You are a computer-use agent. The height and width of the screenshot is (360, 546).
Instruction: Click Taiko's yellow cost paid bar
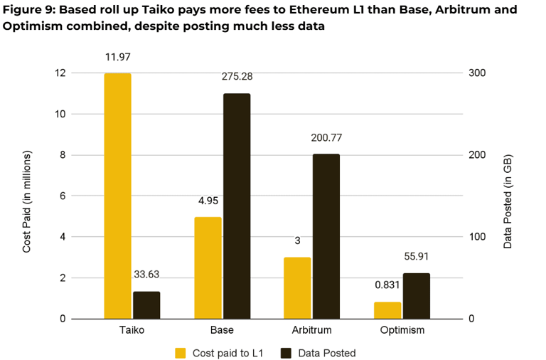[117, 196]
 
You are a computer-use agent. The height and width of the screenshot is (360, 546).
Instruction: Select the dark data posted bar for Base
[237, 206]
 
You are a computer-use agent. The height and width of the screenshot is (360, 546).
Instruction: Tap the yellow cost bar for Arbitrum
[297, 287]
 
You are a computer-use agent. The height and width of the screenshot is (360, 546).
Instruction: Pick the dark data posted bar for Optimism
[417, 295]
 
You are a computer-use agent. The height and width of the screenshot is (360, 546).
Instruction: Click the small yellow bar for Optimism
[387, 310]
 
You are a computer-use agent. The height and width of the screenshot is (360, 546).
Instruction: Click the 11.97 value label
[117, 57]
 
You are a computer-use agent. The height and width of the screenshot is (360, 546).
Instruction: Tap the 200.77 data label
[326, 137]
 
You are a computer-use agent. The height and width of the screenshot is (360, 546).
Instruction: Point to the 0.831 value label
[387, 285]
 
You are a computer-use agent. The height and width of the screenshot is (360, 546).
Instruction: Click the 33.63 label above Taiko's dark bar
[147, 275]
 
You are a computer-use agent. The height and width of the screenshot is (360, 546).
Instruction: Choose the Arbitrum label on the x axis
[311, 330]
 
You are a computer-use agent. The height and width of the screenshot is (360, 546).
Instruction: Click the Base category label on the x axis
[222, 330]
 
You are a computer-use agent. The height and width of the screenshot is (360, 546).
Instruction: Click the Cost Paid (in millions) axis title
[27, 202]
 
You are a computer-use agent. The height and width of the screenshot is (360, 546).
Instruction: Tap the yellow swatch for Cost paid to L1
[181, 352]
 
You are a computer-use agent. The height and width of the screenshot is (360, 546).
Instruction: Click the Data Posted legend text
[327, 352]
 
